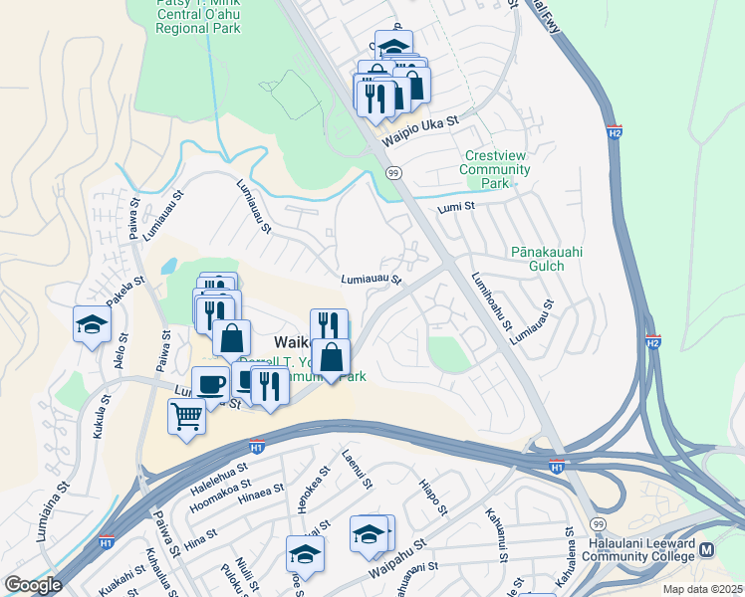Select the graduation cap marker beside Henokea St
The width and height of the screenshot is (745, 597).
(x=306, y=555)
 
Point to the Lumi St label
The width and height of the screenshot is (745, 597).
(x=458, y=207)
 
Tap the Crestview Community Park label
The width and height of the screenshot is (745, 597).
(x=495, y=169)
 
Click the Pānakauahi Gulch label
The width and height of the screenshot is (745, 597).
(x=551, y=259)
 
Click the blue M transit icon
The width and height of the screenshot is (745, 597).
(x=708, y=550)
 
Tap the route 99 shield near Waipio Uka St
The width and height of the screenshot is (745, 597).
(x=394, y=173)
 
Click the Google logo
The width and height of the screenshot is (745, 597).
(x=33, y=585)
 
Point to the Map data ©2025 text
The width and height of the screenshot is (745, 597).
(x=702, y=589)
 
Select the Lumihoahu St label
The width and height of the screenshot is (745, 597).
(x=492, y=302)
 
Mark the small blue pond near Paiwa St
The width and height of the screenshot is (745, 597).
(x=168, y=267)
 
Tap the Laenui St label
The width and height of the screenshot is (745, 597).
(x=357, y=469)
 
